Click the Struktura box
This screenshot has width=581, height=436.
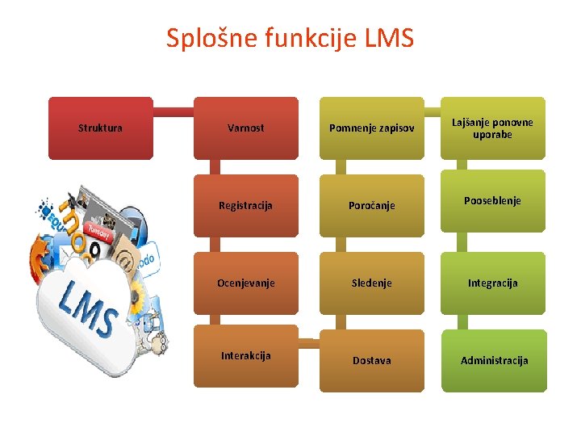point(100,128)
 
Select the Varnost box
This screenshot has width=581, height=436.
point(246,128)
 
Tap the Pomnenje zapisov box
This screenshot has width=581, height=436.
point(371,128)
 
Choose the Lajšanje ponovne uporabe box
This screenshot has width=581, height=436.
point(492,128)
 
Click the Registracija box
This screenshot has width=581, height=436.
point(246,205)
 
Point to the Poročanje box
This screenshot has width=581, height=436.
point(371,205)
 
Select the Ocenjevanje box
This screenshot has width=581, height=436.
point(246,283)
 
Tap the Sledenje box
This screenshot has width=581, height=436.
point(371,283)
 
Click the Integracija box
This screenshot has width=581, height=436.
point(492,283)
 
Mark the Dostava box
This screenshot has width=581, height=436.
point(371,360)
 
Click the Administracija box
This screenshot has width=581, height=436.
point(492,360)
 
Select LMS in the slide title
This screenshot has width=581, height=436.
point(389,38)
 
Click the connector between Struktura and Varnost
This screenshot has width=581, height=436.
point(173,111)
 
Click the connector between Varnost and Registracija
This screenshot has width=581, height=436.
point(214,166)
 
